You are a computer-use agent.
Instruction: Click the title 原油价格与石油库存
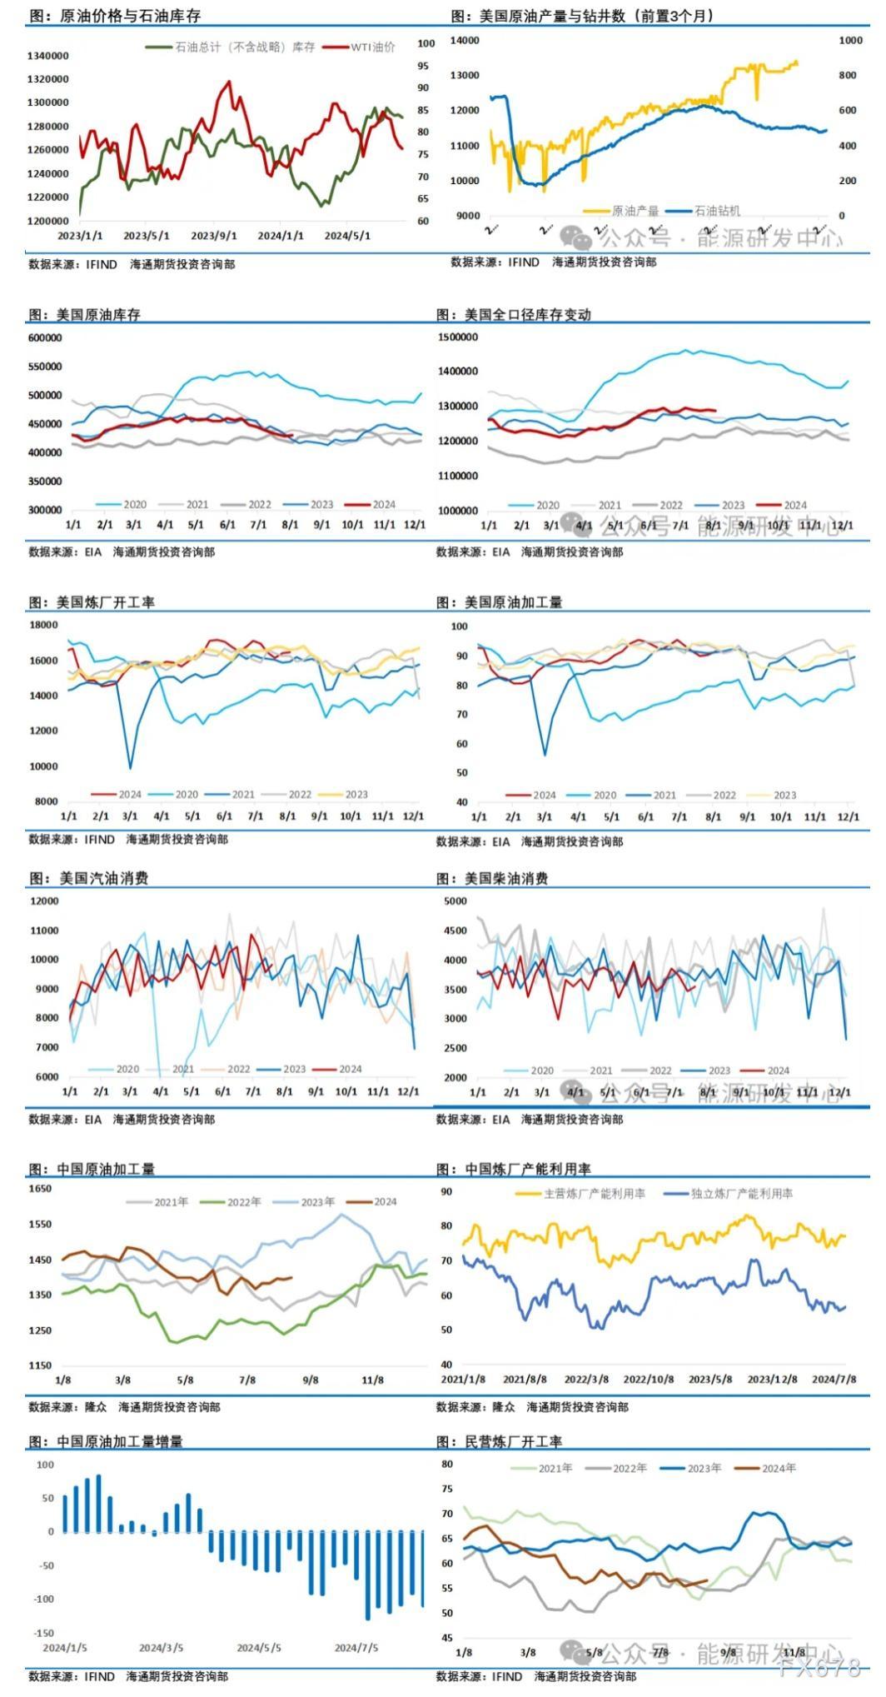[130, 16]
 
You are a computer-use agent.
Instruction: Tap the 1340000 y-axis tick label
[48, 56]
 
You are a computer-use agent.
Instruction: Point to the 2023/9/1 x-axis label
[213, 236]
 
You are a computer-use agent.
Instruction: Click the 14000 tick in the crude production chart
[464, 40]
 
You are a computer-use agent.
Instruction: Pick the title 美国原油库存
[98, 315]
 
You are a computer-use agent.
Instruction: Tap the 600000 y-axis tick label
[45, 338]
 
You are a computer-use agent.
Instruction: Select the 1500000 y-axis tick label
[458, 337]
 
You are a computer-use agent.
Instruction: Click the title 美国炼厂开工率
[105, 602]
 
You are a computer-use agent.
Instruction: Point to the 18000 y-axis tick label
[43, 625]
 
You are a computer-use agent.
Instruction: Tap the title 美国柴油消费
[505, 878]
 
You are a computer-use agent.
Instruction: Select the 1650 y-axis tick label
[40, 1189]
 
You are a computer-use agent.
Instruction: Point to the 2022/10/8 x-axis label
[649, 1380]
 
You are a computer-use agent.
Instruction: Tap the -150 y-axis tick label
[43, 1634]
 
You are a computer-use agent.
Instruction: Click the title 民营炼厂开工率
[513, 1441]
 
